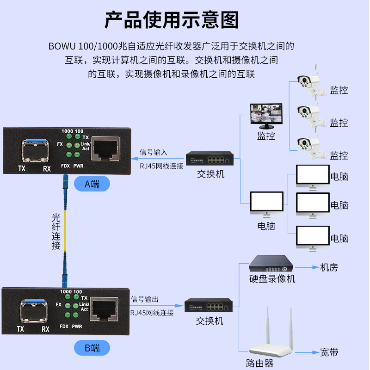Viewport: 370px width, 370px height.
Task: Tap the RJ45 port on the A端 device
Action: [105, 149]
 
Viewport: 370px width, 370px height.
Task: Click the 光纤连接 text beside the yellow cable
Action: [56, 231]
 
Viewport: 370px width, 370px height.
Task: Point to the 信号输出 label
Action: [144, 299]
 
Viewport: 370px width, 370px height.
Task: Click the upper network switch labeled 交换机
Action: [210, 160]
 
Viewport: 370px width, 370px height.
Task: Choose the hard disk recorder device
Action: [271, 264]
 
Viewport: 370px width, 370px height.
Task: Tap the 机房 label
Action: [329, 267]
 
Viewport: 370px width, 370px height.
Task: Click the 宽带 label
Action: [329, 352]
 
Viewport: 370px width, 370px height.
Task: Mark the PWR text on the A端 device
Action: [78, 166]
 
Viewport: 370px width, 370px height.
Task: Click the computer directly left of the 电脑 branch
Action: [266, 203]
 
